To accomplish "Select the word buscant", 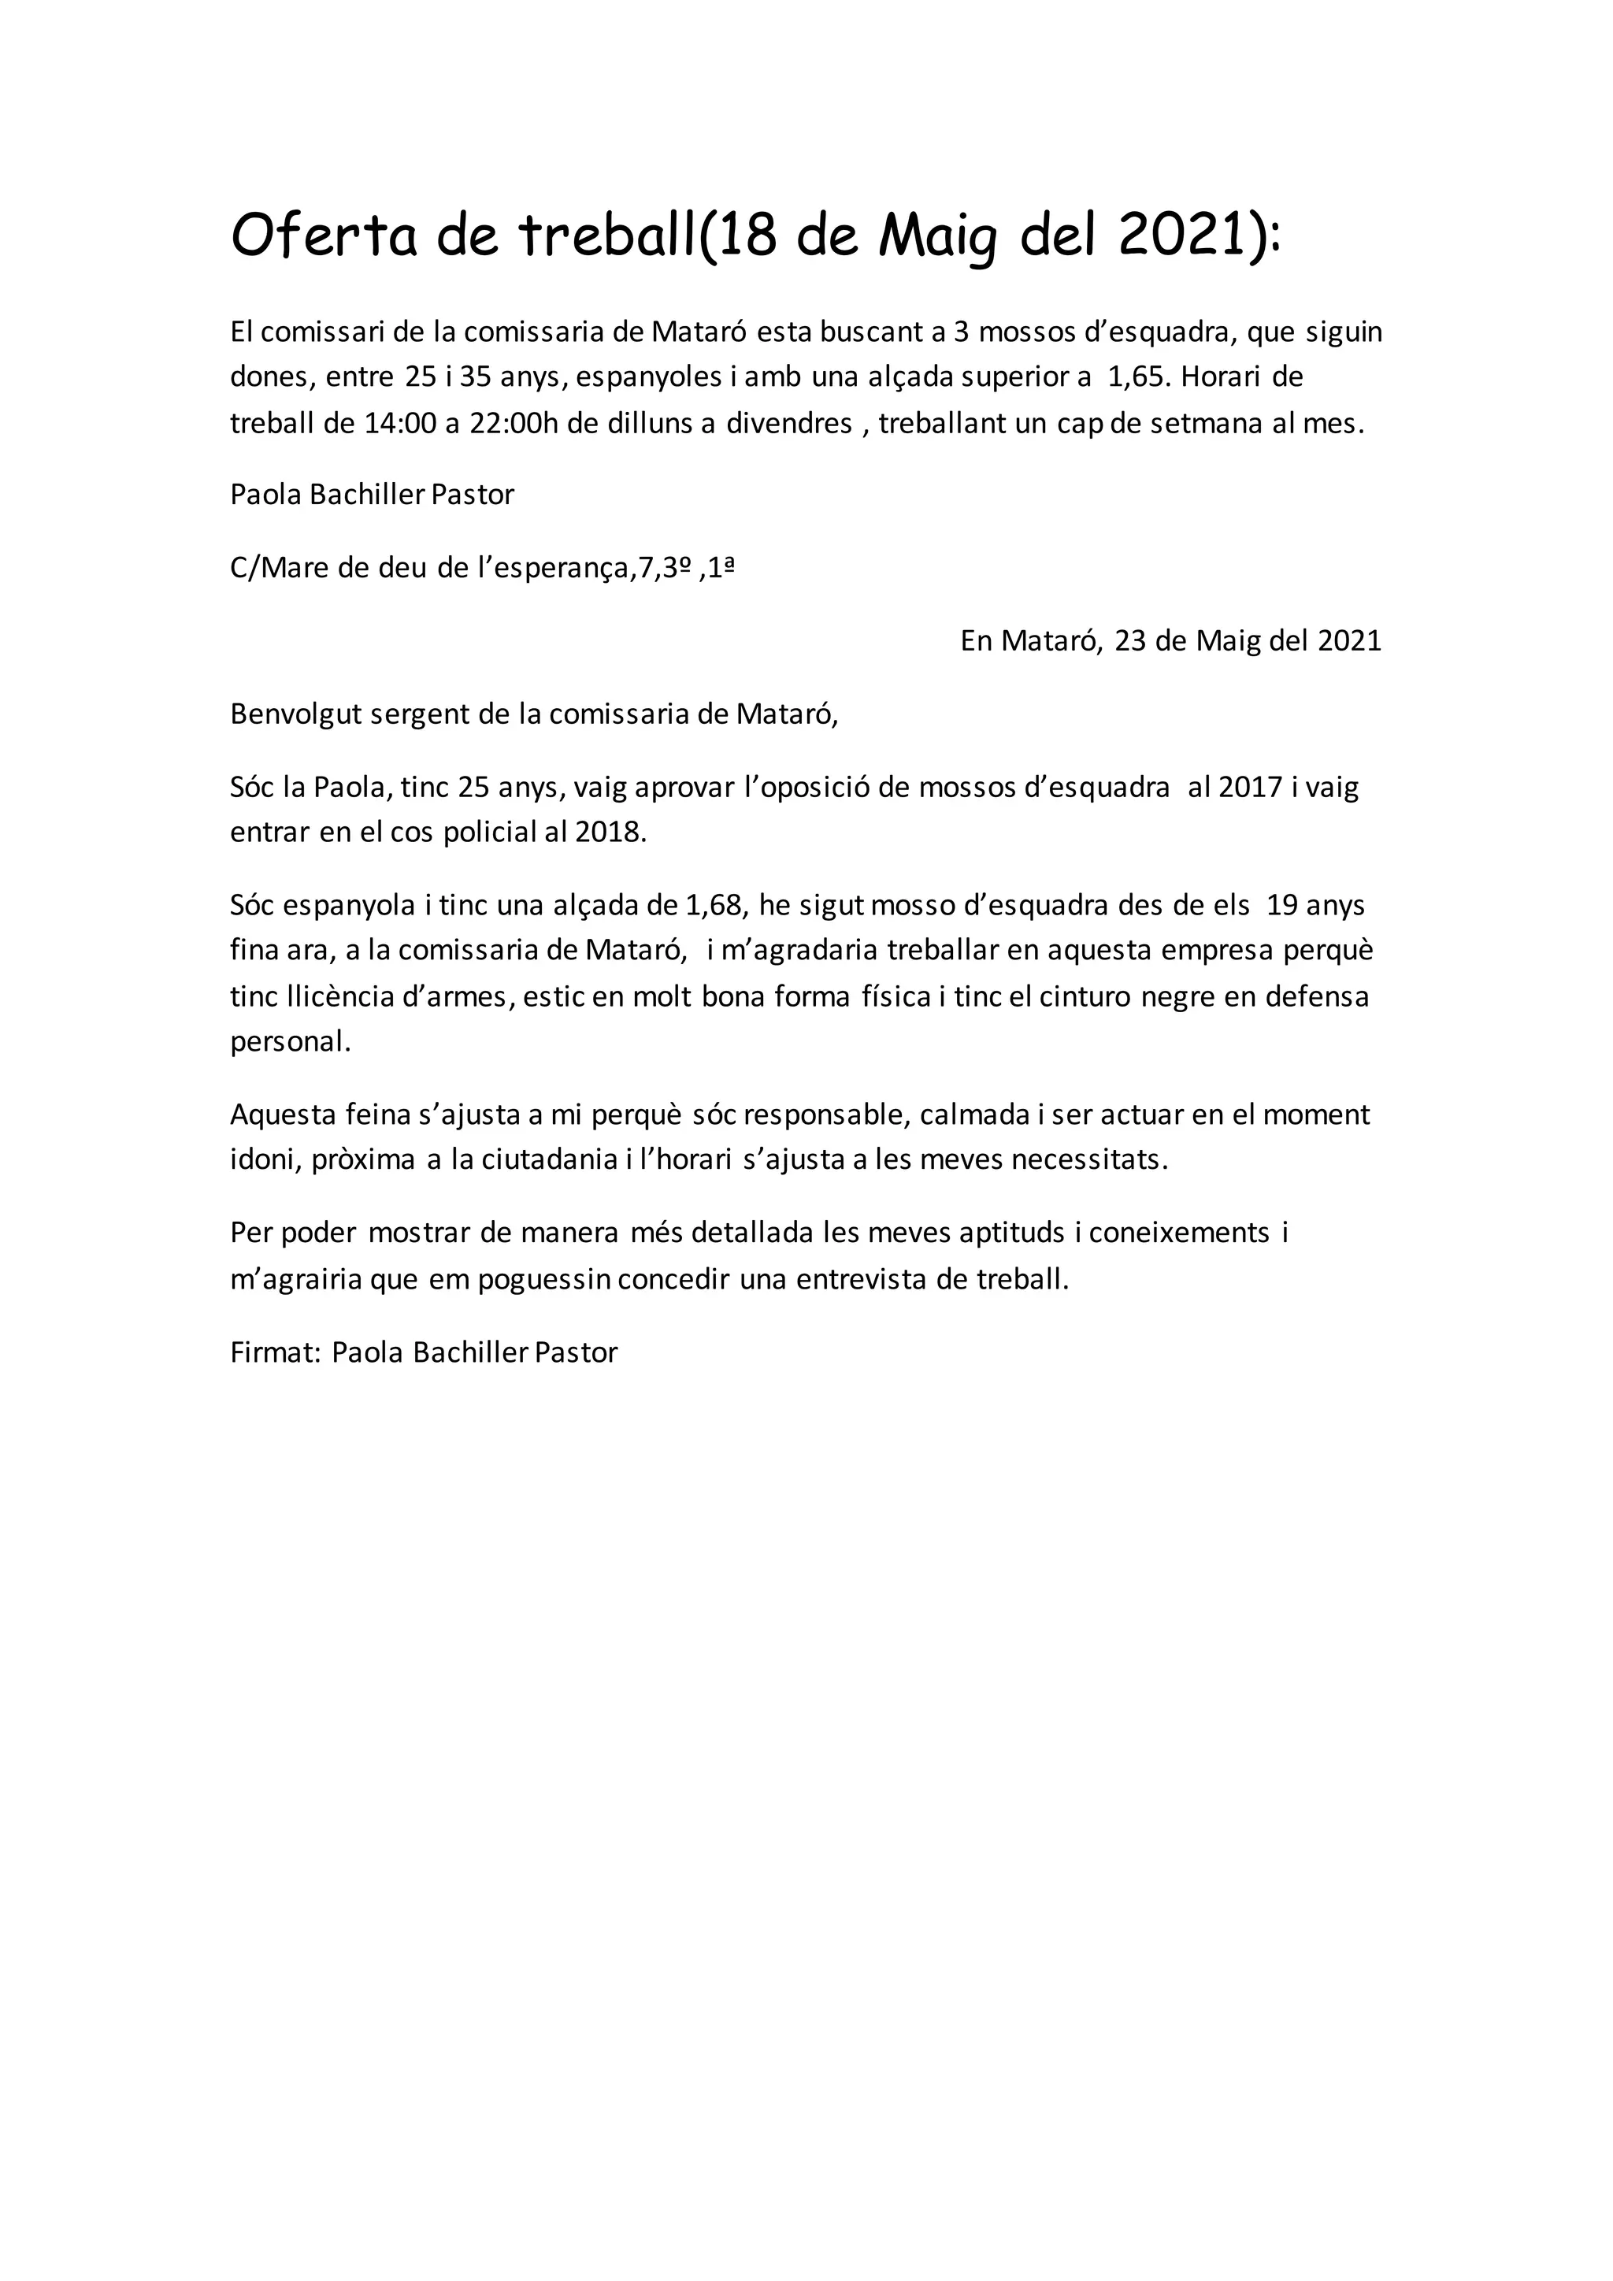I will coord(870,332).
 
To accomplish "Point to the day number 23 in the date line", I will coord(1130,641).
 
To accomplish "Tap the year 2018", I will coord(610,833).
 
